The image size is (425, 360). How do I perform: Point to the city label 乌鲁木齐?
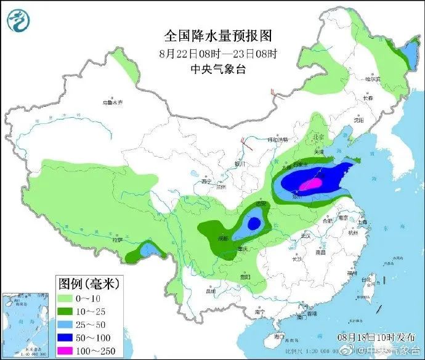113,102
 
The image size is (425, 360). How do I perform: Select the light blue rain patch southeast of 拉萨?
148,250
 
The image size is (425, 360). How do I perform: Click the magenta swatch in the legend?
70,350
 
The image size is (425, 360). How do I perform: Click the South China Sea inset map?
25,324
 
